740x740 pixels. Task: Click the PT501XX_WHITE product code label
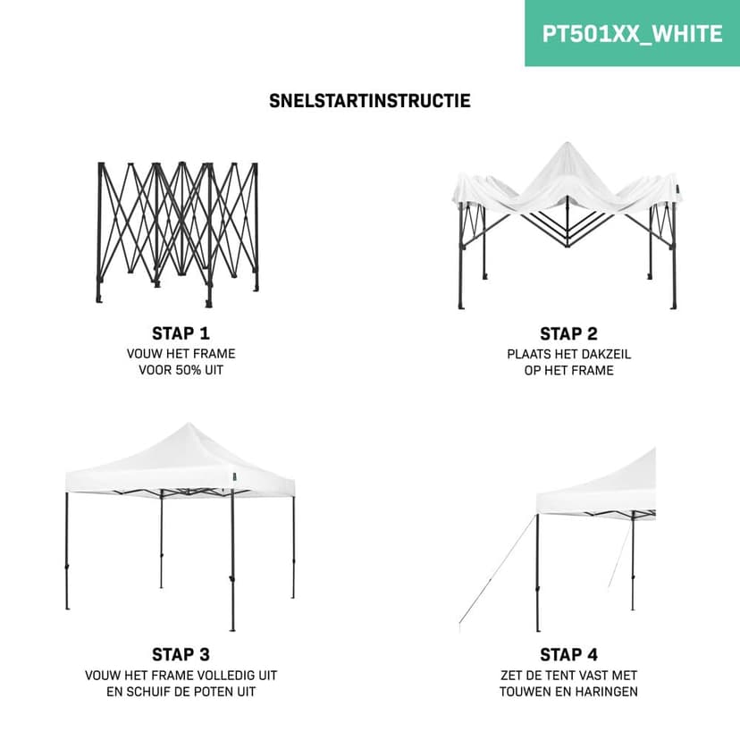coord(632,34)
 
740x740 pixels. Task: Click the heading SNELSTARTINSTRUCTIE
coord(369,101)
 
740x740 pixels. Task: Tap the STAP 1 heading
coord(181,333)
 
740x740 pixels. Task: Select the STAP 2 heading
coord(568,334)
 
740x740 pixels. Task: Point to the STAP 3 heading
coord(181,654)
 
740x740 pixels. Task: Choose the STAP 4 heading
coord(568,654)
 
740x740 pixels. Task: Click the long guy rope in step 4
coord(497,572)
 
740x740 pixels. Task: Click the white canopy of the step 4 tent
coord(608,487)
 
